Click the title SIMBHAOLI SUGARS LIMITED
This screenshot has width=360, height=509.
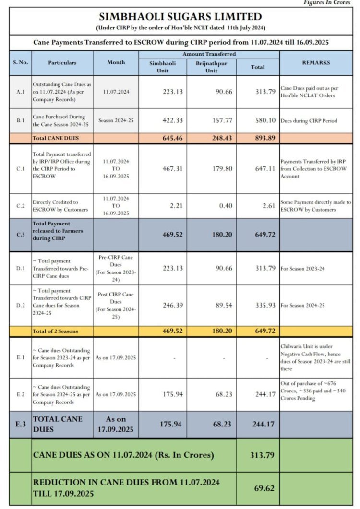point(180,17)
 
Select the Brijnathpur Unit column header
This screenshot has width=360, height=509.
point(211,67)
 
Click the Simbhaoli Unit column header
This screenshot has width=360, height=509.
point(163,67)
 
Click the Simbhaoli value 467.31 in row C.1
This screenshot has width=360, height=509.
point(173,169)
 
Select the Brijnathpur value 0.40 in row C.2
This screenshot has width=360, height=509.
point(224,206)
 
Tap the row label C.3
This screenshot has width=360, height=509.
point(20,235)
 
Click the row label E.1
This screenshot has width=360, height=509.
point(20,358)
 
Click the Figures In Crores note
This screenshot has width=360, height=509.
point(327,3)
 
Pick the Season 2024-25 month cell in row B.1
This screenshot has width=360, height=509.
point(116,121)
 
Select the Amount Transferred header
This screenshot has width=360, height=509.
point(209,54)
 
